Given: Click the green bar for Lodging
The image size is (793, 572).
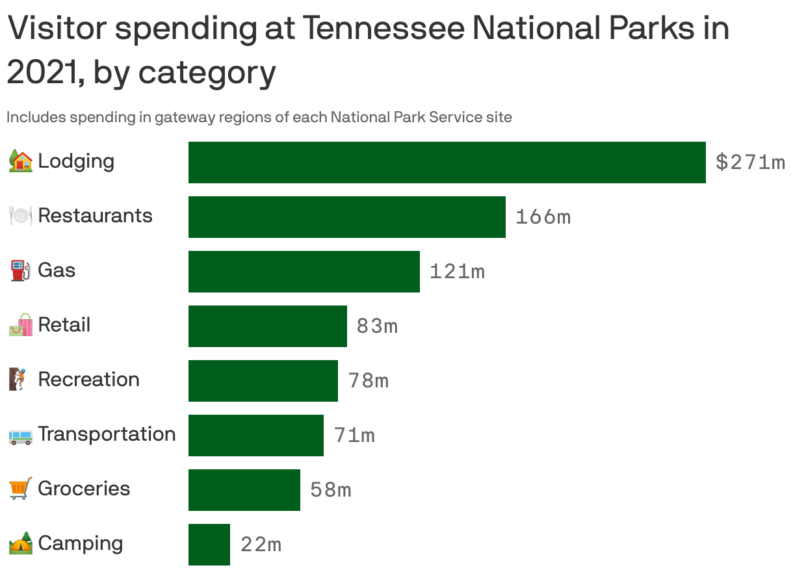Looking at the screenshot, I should (x=447, y=162).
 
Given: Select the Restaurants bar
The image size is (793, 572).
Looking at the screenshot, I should (x=346, y=217).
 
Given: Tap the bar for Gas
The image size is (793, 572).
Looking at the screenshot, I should (x=304, y=272).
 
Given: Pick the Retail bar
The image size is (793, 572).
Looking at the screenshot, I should (x=267, y=326).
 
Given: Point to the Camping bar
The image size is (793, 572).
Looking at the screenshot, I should (x=209, y=545).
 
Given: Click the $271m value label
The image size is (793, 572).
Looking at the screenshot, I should (x=750, y=162).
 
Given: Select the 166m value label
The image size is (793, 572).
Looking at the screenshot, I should (x=543, y=217).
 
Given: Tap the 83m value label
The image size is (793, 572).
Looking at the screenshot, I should (x=377, y=326).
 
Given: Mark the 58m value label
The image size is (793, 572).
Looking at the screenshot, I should (x=330, y=490).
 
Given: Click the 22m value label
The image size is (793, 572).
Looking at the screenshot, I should (x=261, y=545).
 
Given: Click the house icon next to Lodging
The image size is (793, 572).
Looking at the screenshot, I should (x=21, y=161).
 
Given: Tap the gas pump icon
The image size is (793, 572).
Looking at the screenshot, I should (x=21, y=270).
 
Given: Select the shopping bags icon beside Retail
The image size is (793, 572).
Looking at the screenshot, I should (x=21, y=325).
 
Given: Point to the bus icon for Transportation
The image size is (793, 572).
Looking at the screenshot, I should (x=21, y=435).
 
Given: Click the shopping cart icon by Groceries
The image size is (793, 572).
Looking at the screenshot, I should (x=21, y=489).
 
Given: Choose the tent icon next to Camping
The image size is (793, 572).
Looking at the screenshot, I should (x=21, y=543).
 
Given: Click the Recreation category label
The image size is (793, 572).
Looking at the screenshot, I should (x=88, y=380).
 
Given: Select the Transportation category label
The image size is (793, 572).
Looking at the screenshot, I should (x=107, y=434).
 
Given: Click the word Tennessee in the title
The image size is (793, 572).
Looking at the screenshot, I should (x=383, y=29).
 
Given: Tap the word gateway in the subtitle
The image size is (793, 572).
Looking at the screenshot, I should (x=185, y=118).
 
